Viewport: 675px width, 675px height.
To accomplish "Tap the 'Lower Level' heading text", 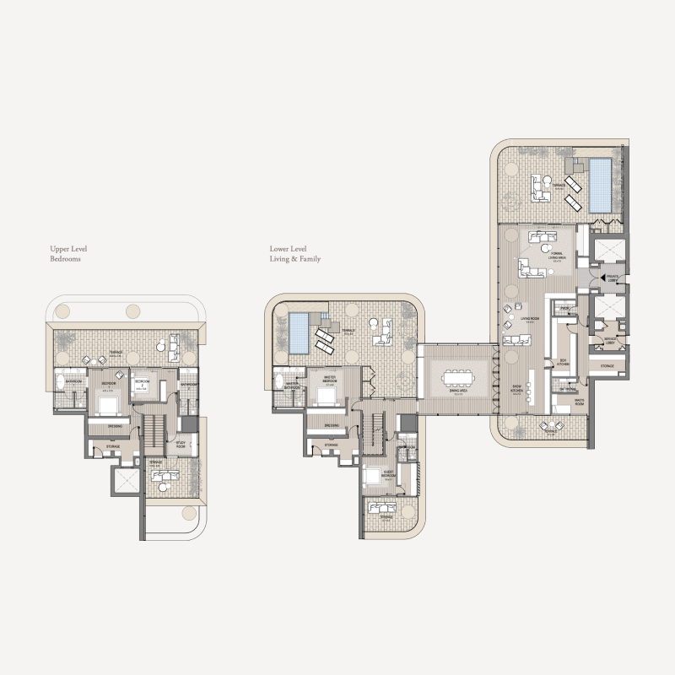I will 288,250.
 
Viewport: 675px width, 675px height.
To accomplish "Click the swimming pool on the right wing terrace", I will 601,184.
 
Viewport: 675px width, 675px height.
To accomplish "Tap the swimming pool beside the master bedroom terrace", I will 298,332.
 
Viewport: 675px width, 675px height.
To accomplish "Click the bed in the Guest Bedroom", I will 373,478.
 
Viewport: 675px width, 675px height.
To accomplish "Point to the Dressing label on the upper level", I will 116,426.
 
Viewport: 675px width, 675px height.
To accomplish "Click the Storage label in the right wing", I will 607,366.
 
